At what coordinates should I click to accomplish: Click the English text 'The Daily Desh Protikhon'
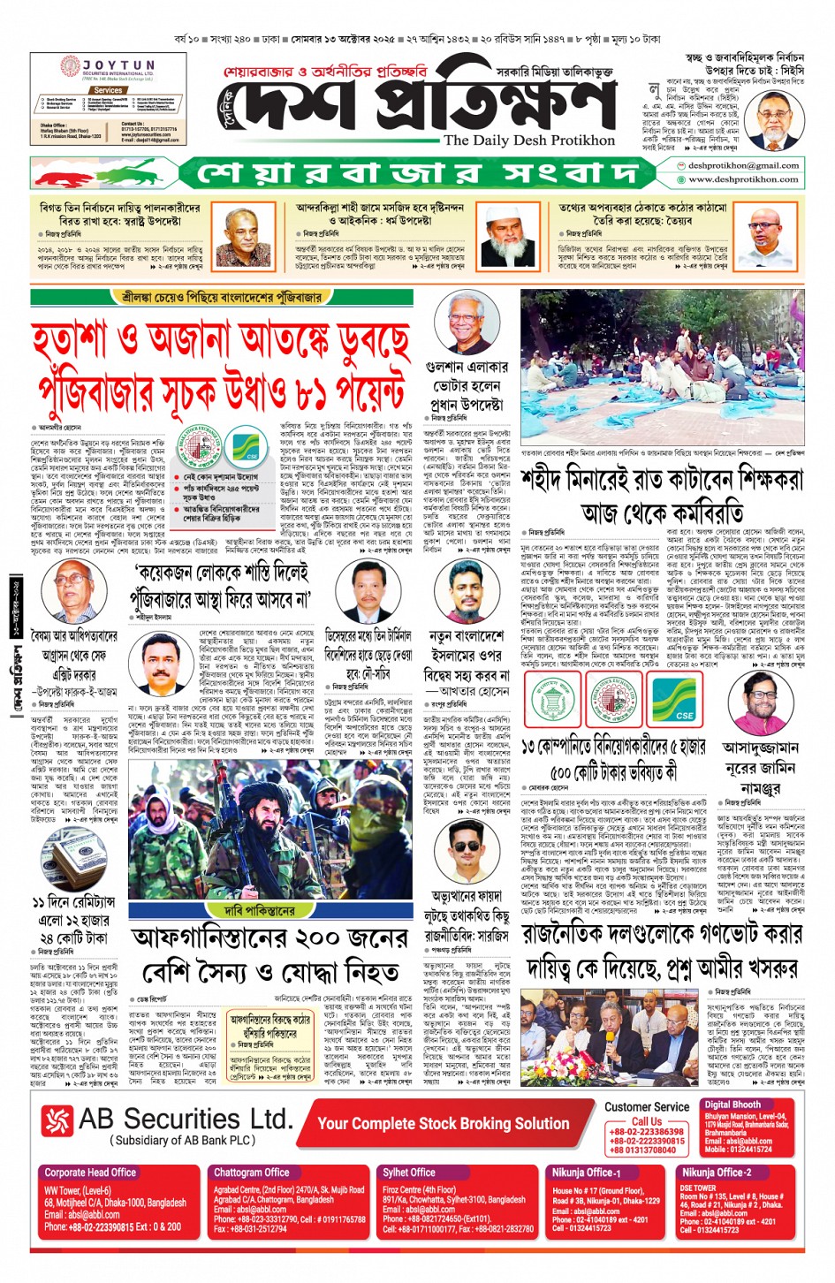(x=528, y=140)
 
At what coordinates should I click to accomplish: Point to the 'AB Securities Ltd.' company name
(x=185, y=1120)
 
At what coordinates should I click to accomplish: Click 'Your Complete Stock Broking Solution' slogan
(x=443, y=1124)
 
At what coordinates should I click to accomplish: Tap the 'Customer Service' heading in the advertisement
(x=647, y=1107)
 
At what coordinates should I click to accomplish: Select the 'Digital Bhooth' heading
(x=733, y=1105)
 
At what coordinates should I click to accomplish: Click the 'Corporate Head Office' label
(x=90, y=1173)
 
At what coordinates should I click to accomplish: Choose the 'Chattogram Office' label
(x=252, y=1173)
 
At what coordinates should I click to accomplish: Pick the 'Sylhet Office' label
(x=409, y=1173)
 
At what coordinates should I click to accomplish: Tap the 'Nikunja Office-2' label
(x=717, y=1173)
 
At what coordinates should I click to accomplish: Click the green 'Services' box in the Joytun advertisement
(x=108, y=90)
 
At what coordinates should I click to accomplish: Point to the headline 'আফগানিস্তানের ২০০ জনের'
(x=269, y=938)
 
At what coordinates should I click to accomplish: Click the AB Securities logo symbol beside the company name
(x=57, y=1121)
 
